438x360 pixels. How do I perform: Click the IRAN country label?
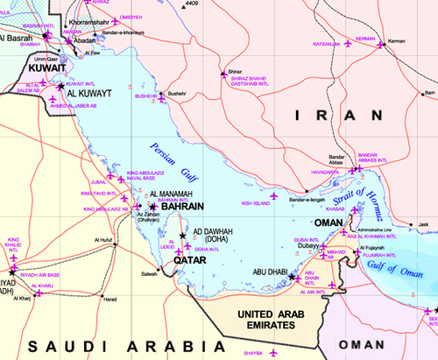pos(336,116)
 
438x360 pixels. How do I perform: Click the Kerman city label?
pos(397,41)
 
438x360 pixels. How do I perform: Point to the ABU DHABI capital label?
pos(270,272)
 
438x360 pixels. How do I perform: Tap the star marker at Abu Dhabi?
pos(292,276)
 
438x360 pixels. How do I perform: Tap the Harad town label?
pos(109,300)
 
